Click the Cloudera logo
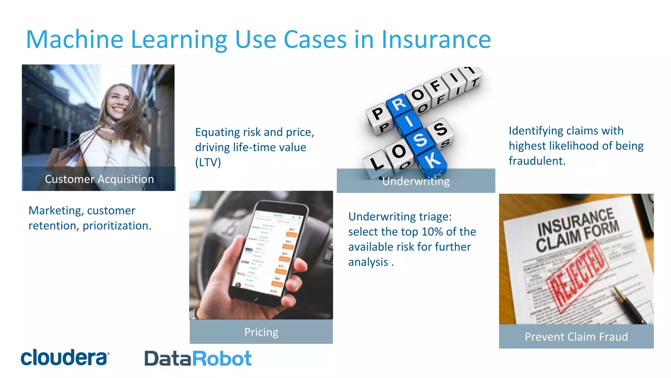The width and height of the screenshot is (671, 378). (x=65, y=357)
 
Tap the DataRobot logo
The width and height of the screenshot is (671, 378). (x=198, y=358)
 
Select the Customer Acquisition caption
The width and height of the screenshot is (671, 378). (x=99, y=179)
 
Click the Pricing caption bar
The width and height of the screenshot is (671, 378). (x=261, y=332)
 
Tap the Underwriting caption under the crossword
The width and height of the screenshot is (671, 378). (x=416, y=181)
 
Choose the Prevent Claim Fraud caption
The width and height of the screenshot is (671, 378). (x=576, y=337)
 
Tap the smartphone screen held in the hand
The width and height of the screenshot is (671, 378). (x=269, y=253)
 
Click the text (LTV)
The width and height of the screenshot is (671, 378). (x=208, y=162)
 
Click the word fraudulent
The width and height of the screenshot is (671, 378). (x=537, y=161)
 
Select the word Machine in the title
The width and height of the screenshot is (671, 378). (x=75, y=40)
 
